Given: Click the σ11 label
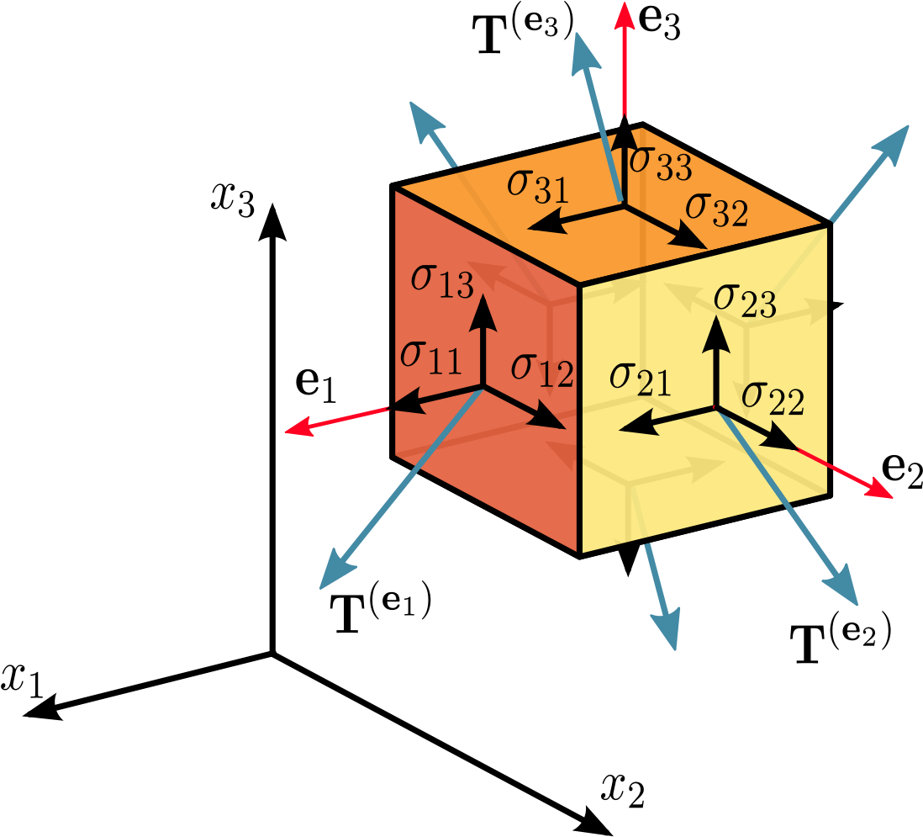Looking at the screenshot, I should pyautogui.click(x=430, y=357).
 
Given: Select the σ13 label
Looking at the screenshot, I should pyautogui.click(x=442, y=280).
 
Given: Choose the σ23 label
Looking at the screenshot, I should pyautogui.click(x=744, y=300).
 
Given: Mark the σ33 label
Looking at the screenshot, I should pyautogui.click(x=661, y=162).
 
